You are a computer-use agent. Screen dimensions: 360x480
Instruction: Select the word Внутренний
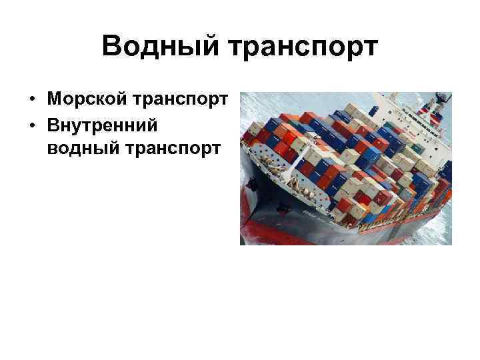tap(101, 124)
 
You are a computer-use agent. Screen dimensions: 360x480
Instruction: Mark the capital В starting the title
tap(113, 47)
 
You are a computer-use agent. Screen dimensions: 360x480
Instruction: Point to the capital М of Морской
tap(55, 99)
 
